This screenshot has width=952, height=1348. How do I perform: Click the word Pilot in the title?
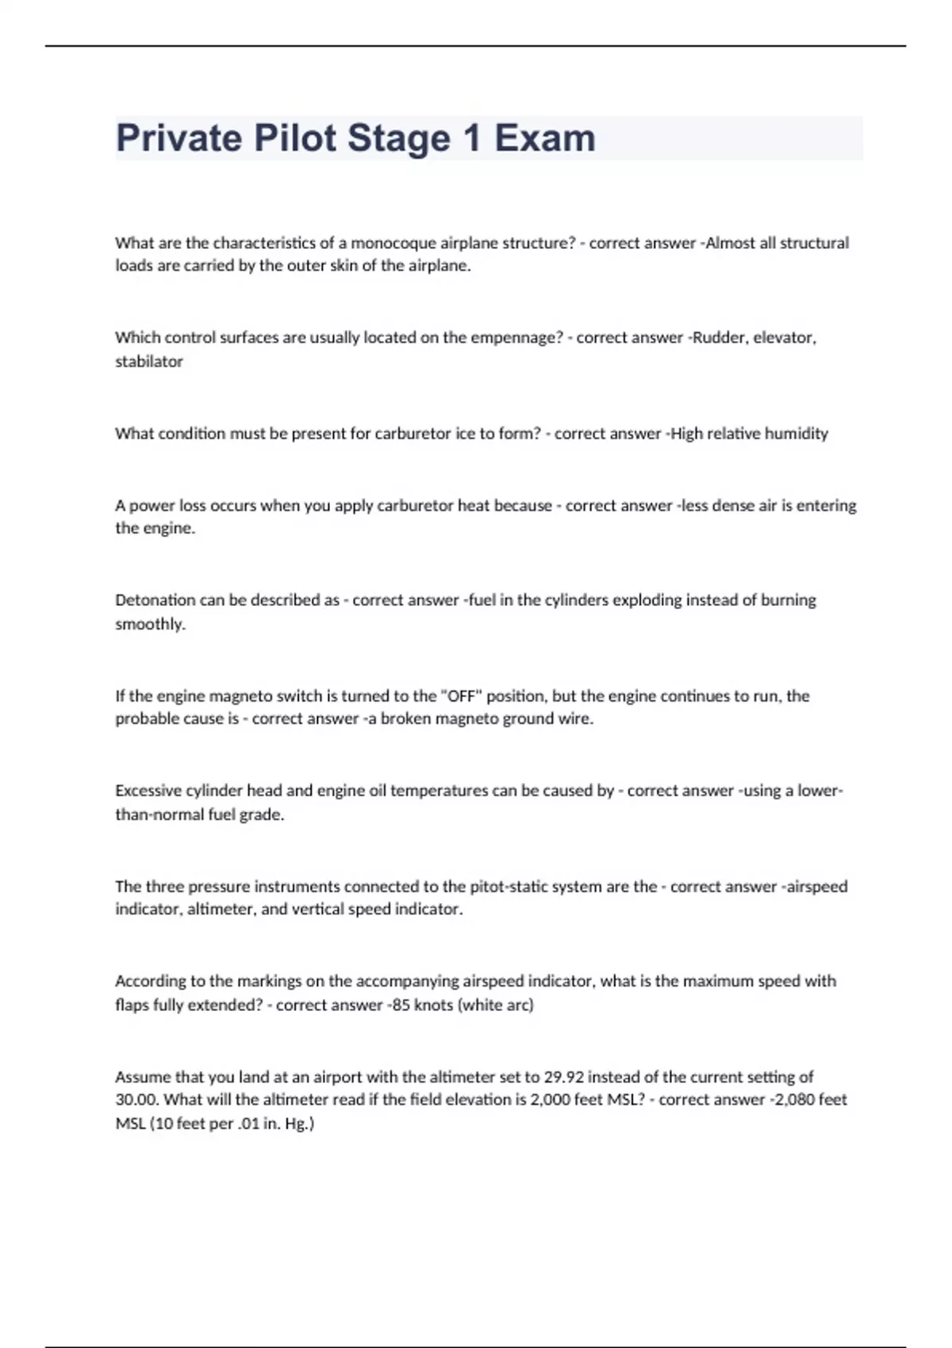294,138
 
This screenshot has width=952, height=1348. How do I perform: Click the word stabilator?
149,362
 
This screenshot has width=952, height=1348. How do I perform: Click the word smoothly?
150,624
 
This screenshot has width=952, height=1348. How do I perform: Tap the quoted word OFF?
460,696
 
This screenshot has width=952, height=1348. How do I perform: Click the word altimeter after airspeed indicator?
220,910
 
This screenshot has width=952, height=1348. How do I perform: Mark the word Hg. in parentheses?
301,1124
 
